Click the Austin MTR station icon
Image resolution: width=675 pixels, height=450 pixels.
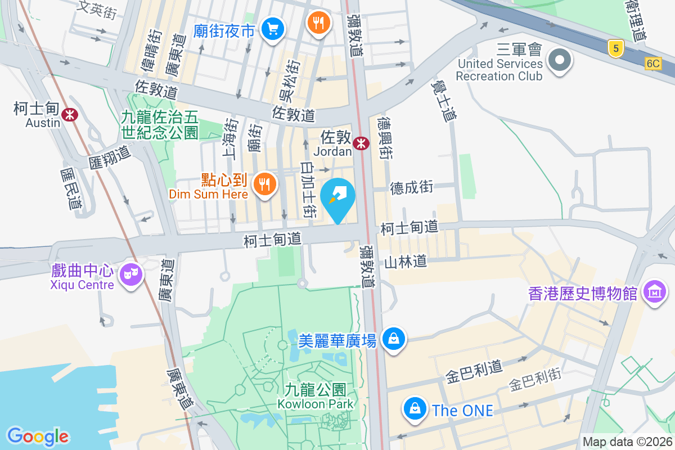pyautogui.click(x=70, y=115)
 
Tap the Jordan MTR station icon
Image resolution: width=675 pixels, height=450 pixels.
pyautogui.click(x=361, y=144)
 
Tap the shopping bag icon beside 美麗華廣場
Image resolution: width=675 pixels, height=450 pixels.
pyautogui.click(x=394, y=339)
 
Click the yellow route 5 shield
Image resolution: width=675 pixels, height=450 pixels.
pyautogui.click(x=616, y=49)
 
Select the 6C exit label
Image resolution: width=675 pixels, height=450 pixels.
pyautogui.click(x=652, y=64)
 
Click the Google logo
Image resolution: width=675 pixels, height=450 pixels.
pyautogui.click(x=38, y=436)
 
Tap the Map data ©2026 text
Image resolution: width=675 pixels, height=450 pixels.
pyautogui.click(x=627, y=442)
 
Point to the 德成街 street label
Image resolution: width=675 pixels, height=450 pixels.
pyautogui.click(x=412, y=187)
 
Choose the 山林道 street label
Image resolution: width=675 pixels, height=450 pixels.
pyautogui.click(x=406, y=262)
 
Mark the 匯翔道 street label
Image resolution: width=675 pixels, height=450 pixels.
pyautogui.click(x=109, y=157)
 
